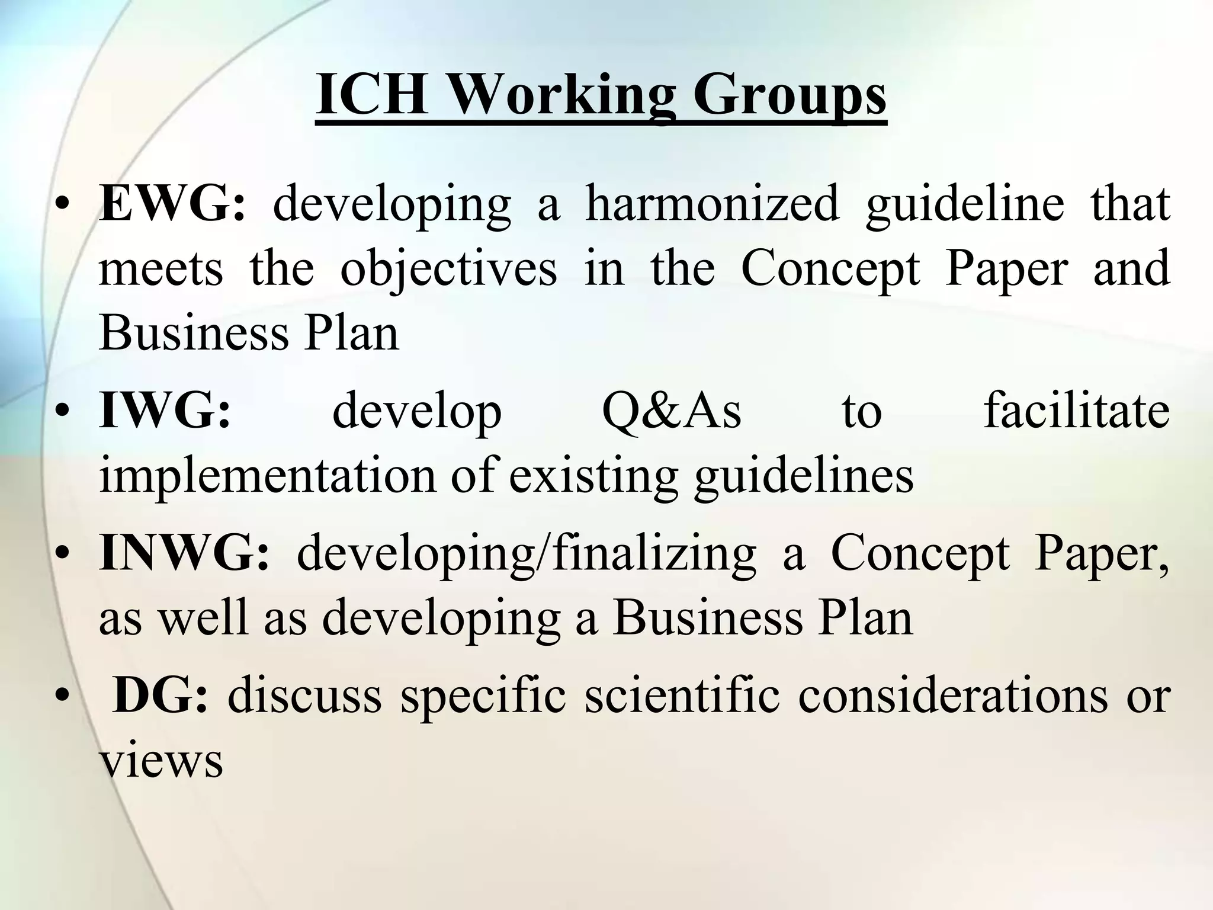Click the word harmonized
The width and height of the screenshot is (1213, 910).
tap(712, 203)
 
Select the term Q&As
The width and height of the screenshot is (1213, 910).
tap(672, 411)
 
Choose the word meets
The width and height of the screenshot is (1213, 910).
tap(161, 268)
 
